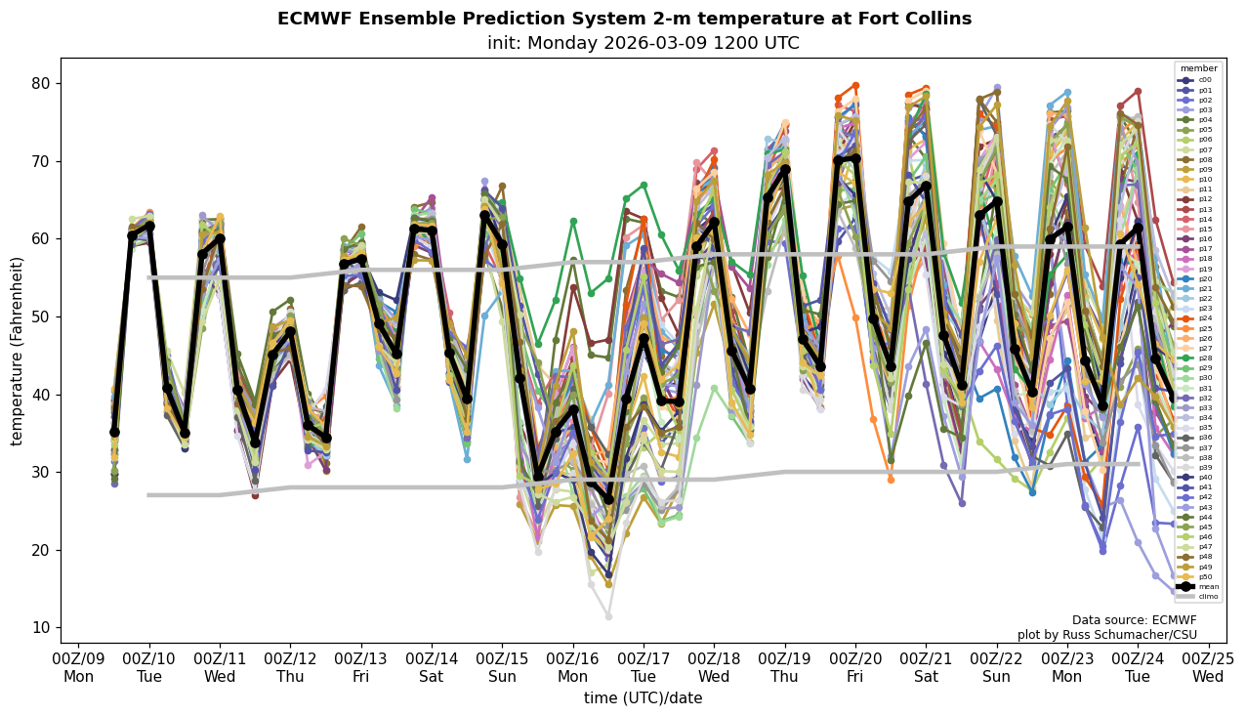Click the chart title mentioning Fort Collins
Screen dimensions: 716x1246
click(624, 19)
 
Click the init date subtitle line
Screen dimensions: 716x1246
click(643, 43)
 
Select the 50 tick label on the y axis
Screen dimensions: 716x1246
click(41, 316)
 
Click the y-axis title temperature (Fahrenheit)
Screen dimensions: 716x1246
click(17, 351)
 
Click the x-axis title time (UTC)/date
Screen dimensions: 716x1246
click(643, 697)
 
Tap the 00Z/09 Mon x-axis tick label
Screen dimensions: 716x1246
click(79, 667)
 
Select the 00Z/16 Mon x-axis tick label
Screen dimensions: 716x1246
click(573, 667)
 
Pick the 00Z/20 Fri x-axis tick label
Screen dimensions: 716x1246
click(855, 667)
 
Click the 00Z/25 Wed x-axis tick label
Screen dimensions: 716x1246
click(1208, 667)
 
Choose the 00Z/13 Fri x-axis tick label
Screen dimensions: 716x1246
click(361, 667)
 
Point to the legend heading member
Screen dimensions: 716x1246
click(1199, 68)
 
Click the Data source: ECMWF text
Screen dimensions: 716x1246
click(1134, 620)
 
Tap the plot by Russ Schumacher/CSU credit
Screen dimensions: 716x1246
click(1106, 635)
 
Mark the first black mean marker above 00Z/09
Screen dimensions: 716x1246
click(114, 432)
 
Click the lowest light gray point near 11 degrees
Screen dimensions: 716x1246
click(608, 616)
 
